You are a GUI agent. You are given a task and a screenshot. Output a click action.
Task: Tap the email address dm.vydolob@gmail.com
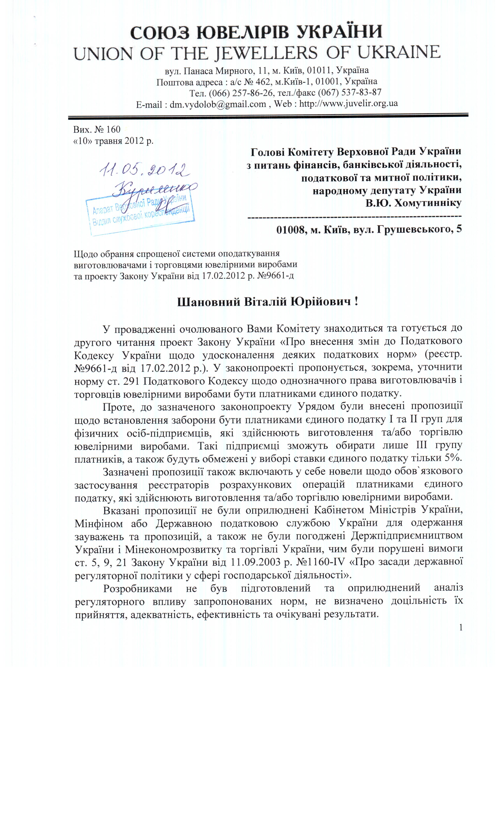tap(218, 104)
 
